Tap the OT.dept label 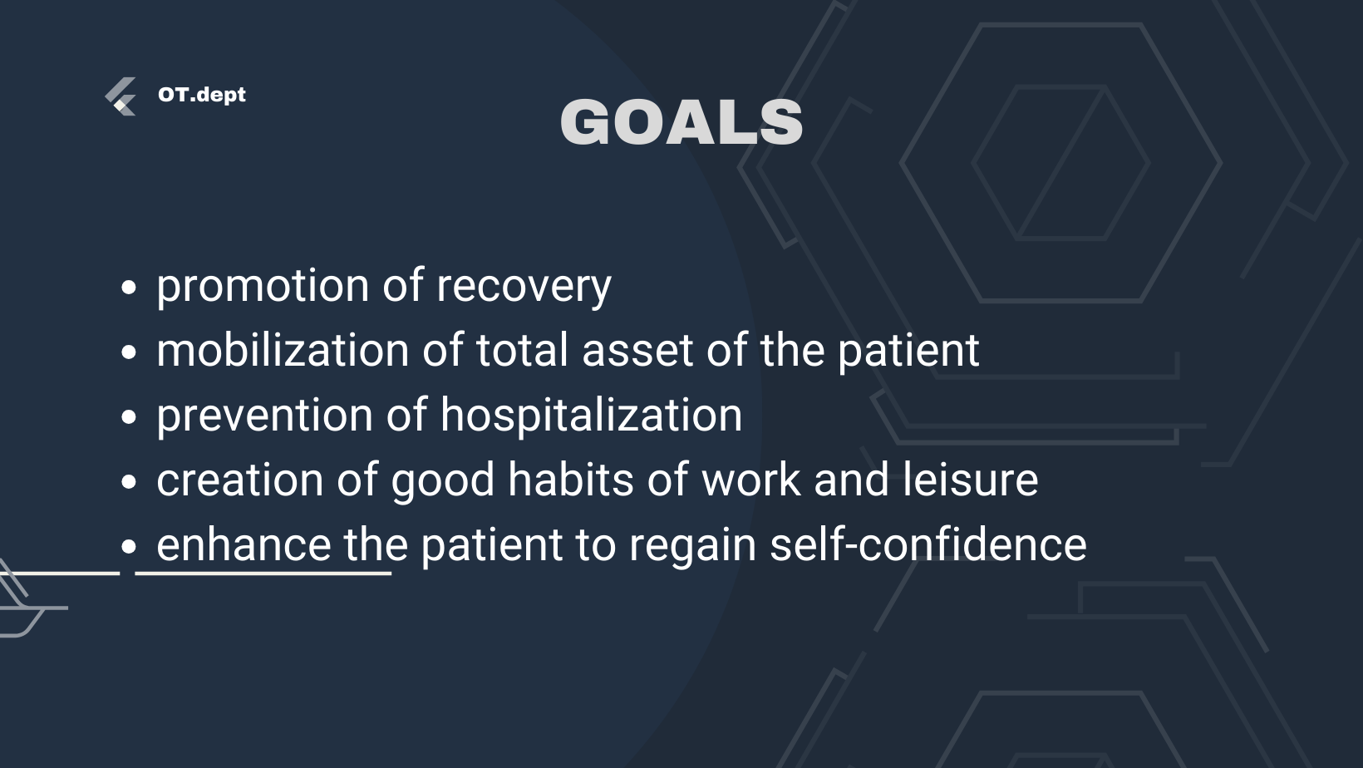[x=201, y=95]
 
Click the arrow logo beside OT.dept [x=121, y=96]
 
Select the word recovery [x=524, y=285]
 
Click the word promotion [x=263, y=285]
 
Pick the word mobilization [x=283, y=350]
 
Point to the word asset [x=637, y=351]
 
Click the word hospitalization [x=592, y=415]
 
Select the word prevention [x=264, y=416]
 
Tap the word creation [x=239, y=480]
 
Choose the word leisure [x=970, y=480]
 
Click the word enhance [x=244, y=544]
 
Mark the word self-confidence [x=928, y=544]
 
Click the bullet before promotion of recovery [x=128, y=288]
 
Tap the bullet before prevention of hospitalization [x=128, y=417]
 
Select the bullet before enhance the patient [x=128, y=547]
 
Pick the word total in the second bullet [x=522, y=350]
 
